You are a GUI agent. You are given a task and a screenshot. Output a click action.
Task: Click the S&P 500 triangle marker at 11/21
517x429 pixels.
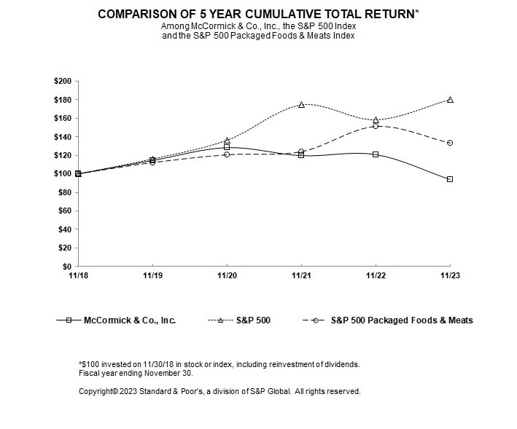coord(301,105)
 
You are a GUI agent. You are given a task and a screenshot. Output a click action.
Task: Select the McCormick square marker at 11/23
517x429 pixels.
coord(450,179)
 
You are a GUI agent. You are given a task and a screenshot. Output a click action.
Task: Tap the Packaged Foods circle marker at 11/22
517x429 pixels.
coord(376,126)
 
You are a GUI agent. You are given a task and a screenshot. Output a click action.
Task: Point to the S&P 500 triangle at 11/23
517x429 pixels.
coord(450,100)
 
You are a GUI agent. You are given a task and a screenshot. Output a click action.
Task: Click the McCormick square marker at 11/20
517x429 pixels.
coord(227,147)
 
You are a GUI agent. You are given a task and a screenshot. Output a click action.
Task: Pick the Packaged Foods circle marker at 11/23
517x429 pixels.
coord(450,143)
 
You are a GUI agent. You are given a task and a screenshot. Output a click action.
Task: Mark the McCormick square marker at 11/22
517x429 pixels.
coord(376,154)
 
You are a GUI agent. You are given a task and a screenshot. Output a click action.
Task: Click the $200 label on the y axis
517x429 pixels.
coord(63,81)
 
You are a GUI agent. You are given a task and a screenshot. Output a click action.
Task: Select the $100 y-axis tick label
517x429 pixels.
coord(63,174)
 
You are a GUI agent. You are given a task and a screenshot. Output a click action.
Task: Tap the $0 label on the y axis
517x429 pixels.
coord(67,267)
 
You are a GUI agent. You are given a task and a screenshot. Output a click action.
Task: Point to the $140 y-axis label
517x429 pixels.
coord(63,137)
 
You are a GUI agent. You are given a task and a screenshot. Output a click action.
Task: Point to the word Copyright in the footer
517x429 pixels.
coord(96,391)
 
